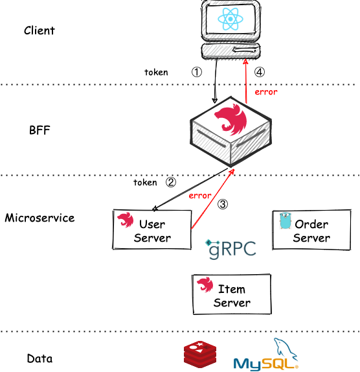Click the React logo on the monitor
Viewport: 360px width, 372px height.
click(x=231, y=19)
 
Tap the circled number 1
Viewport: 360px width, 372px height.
click(x=197, y=72)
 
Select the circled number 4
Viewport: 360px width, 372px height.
click(x=260, y=72)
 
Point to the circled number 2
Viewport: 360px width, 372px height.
click(x=171, y=183)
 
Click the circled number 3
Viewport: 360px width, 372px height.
click(x=223, y=204)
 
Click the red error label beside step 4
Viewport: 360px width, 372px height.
click(x=266, y=92)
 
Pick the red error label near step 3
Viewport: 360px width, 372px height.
click(x=200, y=196)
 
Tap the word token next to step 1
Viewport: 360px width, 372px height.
click(x=156, y=72)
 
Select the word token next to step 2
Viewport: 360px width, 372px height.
click(x=145, y=183)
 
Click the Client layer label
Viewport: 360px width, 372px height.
click(x=39, y=30)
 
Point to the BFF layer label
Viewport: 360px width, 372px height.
click(x=39, y=130)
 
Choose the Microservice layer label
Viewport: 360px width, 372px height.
click(x=39, y=218)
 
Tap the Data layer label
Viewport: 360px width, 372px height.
click(x=39, y=358)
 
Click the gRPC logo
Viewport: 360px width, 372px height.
click(x=231, y=249)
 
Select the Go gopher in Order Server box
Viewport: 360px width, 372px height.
click(x=285, y=220)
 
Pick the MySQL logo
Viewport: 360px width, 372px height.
click(x=266, y=355)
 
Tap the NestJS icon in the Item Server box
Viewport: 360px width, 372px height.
click(x=205, y=285)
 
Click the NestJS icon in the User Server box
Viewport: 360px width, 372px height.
click(x=126, y=220)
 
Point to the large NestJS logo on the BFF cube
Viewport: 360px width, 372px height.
click(x=231, y=119)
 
